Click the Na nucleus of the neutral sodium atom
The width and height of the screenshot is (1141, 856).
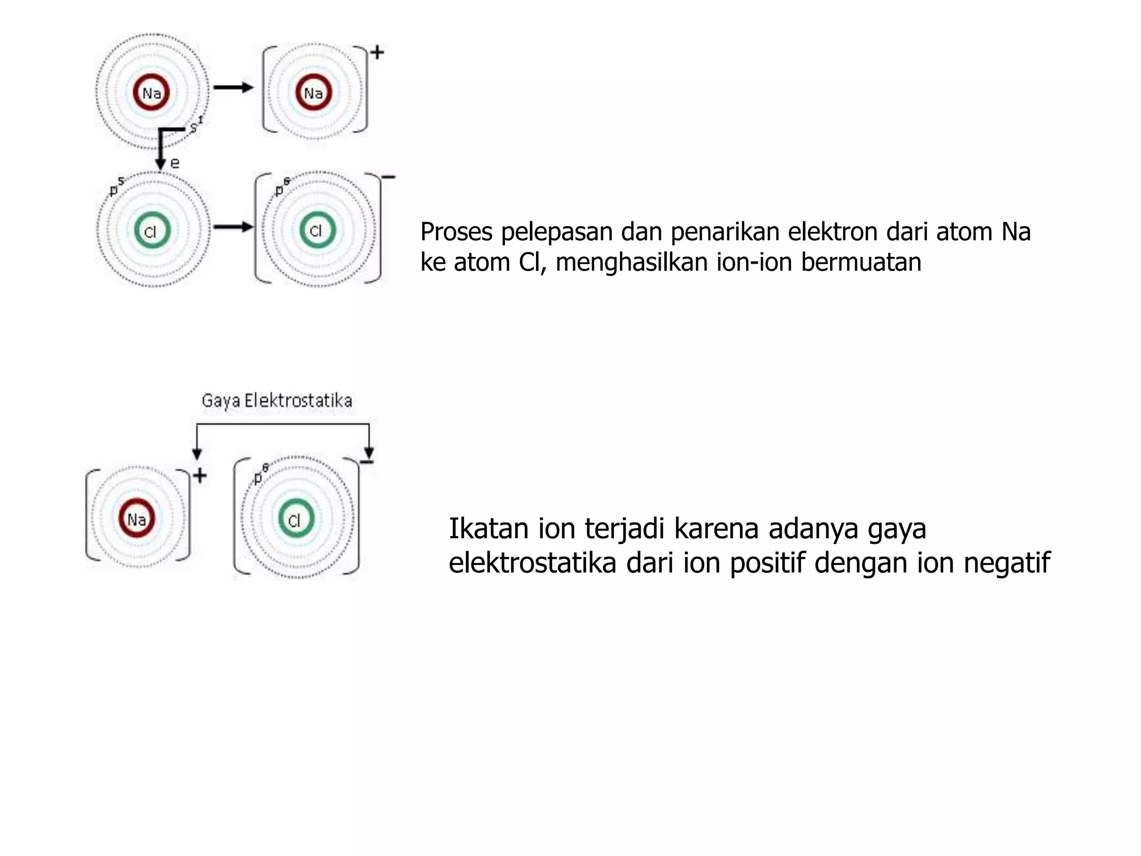point(151,93)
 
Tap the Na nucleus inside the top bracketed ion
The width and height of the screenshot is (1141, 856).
point(313,93)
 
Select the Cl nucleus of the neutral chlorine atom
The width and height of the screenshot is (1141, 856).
point(152,231)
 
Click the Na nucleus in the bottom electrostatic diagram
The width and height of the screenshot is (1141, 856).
point(136,519)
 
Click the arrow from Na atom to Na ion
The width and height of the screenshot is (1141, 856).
point(233,87)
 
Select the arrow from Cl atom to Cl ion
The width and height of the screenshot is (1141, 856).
point(233,226)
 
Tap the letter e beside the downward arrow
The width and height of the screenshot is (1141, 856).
point(175,163)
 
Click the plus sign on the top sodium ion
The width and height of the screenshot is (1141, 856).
point(378,52)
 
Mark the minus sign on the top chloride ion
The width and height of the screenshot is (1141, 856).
point(388,177)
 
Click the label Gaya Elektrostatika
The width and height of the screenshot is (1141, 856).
point(277,401)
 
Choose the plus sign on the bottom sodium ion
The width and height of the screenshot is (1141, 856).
point(199,475)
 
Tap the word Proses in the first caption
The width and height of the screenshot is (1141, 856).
point(456,232)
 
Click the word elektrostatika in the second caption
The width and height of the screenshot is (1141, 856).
point(532,562)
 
